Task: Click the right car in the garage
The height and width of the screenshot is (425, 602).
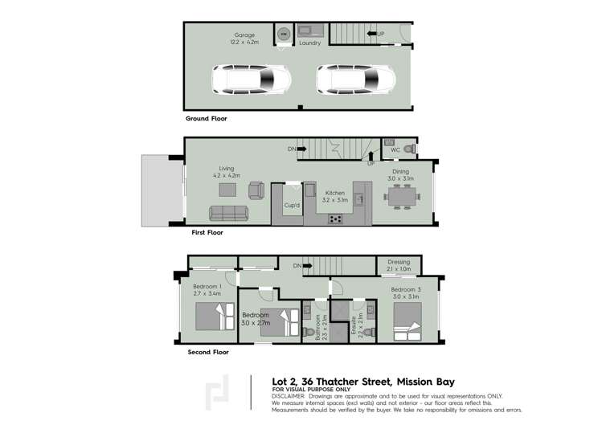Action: tap(356, 80)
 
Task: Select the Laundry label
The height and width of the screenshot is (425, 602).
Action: tap(309, 43)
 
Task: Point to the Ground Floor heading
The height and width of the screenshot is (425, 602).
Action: tap(206, 118)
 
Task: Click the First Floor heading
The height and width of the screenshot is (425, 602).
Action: tap(207, 232)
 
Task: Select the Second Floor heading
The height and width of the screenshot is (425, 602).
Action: tap(208, 352)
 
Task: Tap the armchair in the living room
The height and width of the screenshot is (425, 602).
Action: tap(256, 190)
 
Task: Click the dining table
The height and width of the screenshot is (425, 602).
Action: tap(401, 195)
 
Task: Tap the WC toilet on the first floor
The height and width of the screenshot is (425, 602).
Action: tap(409, 149)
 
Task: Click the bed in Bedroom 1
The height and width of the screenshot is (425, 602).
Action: tap(215, 316)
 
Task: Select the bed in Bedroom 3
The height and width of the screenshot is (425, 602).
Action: tap(407, 330)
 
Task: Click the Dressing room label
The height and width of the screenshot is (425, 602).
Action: tap(399, 263)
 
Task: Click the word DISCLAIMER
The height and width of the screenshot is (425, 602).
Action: tap(288, 396)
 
